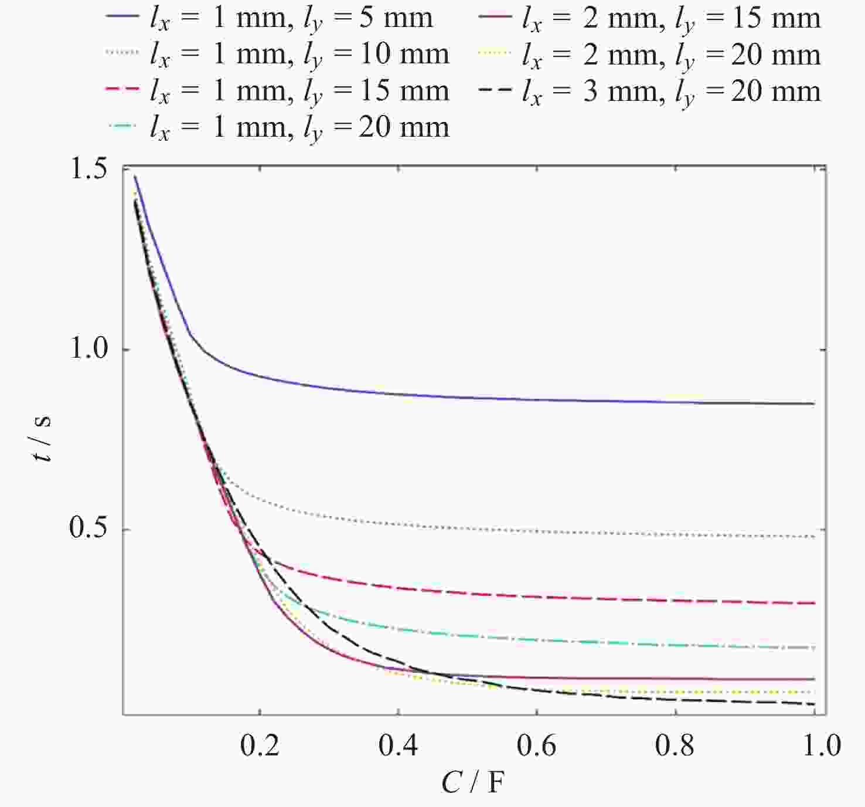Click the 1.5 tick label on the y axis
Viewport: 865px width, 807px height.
88,170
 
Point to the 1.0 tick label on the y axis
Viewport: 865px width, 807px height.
88,349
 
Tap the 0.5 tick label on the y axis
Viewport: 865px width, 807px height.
88,528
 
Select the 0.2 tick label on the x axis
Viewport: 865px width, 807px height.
260,745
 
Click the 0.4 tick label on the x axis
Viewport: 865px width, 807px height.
398,745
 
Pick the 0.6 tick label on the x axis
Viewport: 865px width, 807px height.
536,745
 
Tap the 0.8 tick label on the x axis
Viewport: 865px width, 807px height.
675,745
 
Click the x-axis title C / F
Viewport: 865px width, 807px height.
472,782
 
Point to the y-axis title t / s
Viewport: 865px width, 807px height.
43,439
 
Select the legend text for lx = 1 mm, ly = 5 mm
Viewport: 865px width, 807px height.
291,19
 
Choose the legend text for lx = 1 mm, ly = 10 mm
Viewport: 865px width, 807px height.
299,55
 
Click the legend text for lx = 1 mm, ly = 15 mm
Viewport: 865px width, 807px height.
299,91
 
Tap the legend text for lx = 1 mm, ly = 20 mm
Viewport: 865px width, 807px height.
299,128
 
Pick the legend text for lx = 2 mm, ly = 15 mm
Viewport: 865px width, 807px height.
671,19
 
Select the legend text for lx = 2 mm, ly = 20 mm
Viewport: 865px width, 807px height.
671,55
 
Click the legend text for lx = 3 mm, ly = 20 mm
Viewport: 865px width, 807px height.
671,91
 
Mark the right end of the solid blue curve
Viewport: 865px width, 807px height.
814,403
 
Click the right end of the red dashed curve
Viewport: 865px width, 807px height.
814,603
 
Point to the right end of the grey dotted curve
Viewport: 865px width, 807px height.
814,537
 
